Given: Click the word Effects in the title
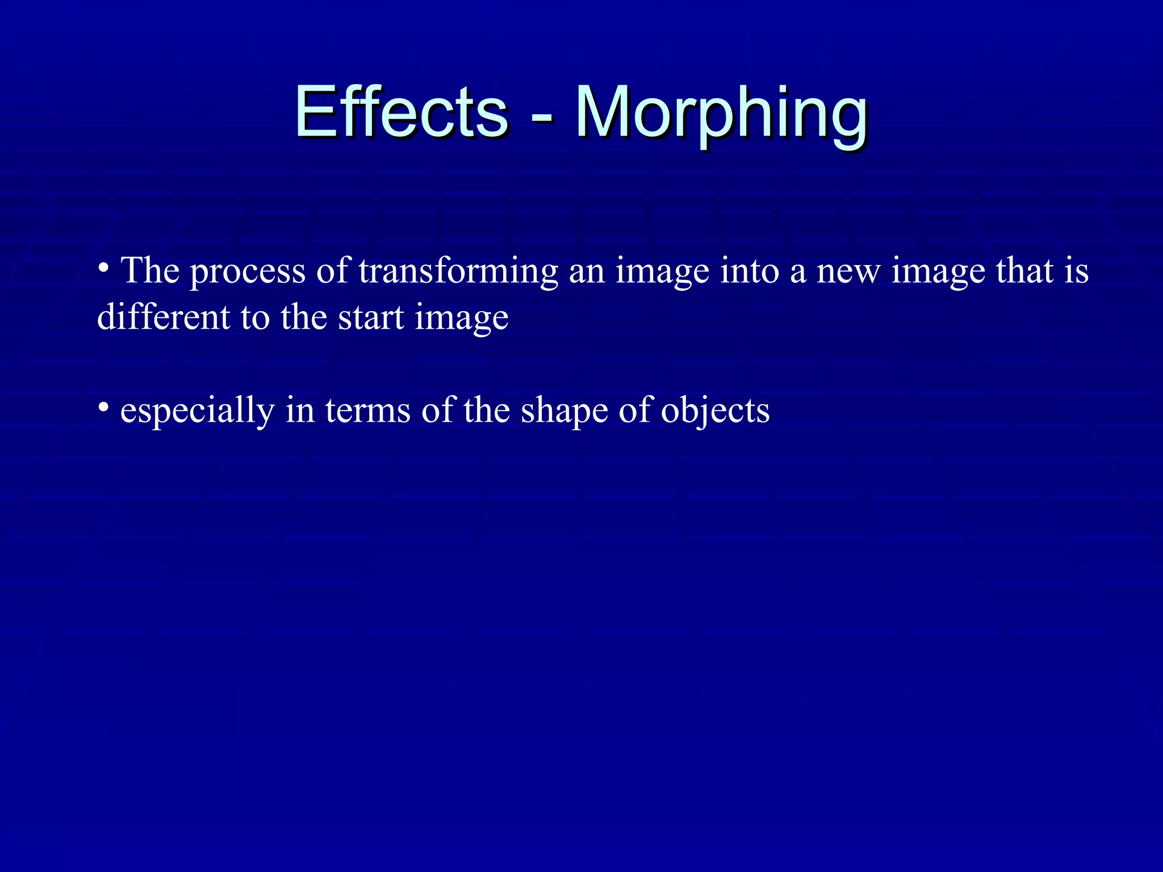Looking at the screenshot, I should tap(401, 112).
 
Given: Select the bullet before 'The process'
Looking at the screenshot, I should tap(103, 267).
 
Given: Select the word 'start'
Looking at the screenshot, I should tap(371, 318).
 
